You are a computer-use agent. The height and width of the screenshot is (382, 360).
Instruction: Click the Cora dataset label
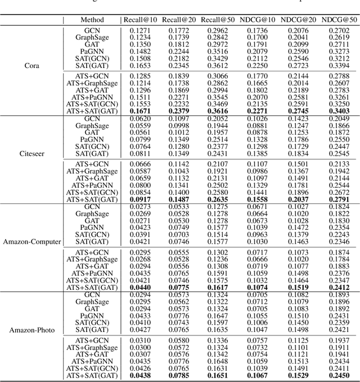click(x=32, y=65)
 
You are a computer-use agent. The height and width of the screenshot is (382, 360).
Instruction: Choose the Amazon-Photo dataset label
click(x=32, y=330)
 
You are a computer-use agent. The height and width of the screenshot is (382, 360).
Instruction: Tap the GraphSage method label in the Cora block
click(x=92, y=37)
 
